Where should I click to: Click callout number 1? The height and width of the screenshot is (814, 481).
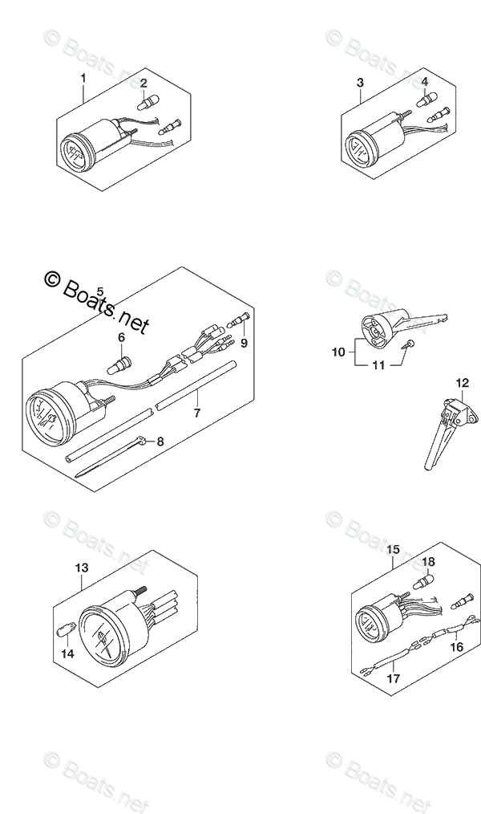coord(83,79)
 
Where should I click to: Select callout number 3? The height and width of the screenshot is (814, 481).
coord(360,83)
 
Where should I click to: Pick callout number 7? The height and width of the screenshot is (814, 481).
coord(196,413)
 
